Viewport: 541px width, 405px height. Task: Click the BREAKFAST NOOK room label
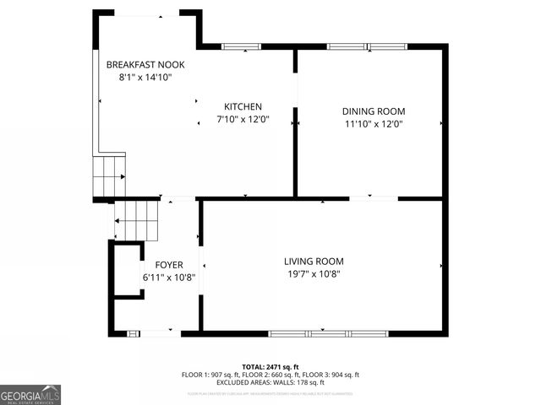(x=145, y=64)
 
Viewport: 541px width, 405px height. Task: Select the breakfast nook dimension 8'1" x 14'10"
(x=145, y=77)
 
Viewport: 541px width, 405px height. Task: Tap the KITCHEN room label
(x=243, y=106)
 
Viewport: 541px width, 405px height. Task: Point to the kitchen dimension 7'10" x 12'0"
(x=243, y=120)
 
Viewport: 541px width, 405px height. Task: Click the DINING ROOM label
(x=373, y=111)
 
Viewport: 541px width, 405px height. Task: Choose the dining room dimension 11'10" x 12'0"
(x=373, y=124)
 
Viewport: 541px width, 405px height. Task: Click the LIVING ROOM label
(x=314, y=261)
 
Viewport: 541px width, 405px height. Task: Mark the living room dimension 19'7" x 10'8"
(x=314, y=274)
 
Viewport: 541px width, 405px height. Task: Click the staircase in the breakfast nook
(x=108, y=175)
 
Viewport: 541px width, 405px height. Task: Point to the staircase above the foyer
(x=137, y=220)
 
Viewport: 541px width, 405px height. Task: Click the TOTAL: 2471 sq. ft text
(x=270, y=367)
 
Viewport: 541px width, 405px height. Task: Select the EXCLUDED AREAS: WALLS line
(x=270, y=382)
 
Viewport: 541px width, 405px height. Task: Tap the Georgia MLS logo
(x=30, y=394)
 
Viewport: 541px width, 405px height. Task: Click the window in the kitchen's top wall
(x=241, y=46)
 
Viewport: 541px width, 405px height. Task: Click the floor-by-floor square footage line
(x=270, y=375)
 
